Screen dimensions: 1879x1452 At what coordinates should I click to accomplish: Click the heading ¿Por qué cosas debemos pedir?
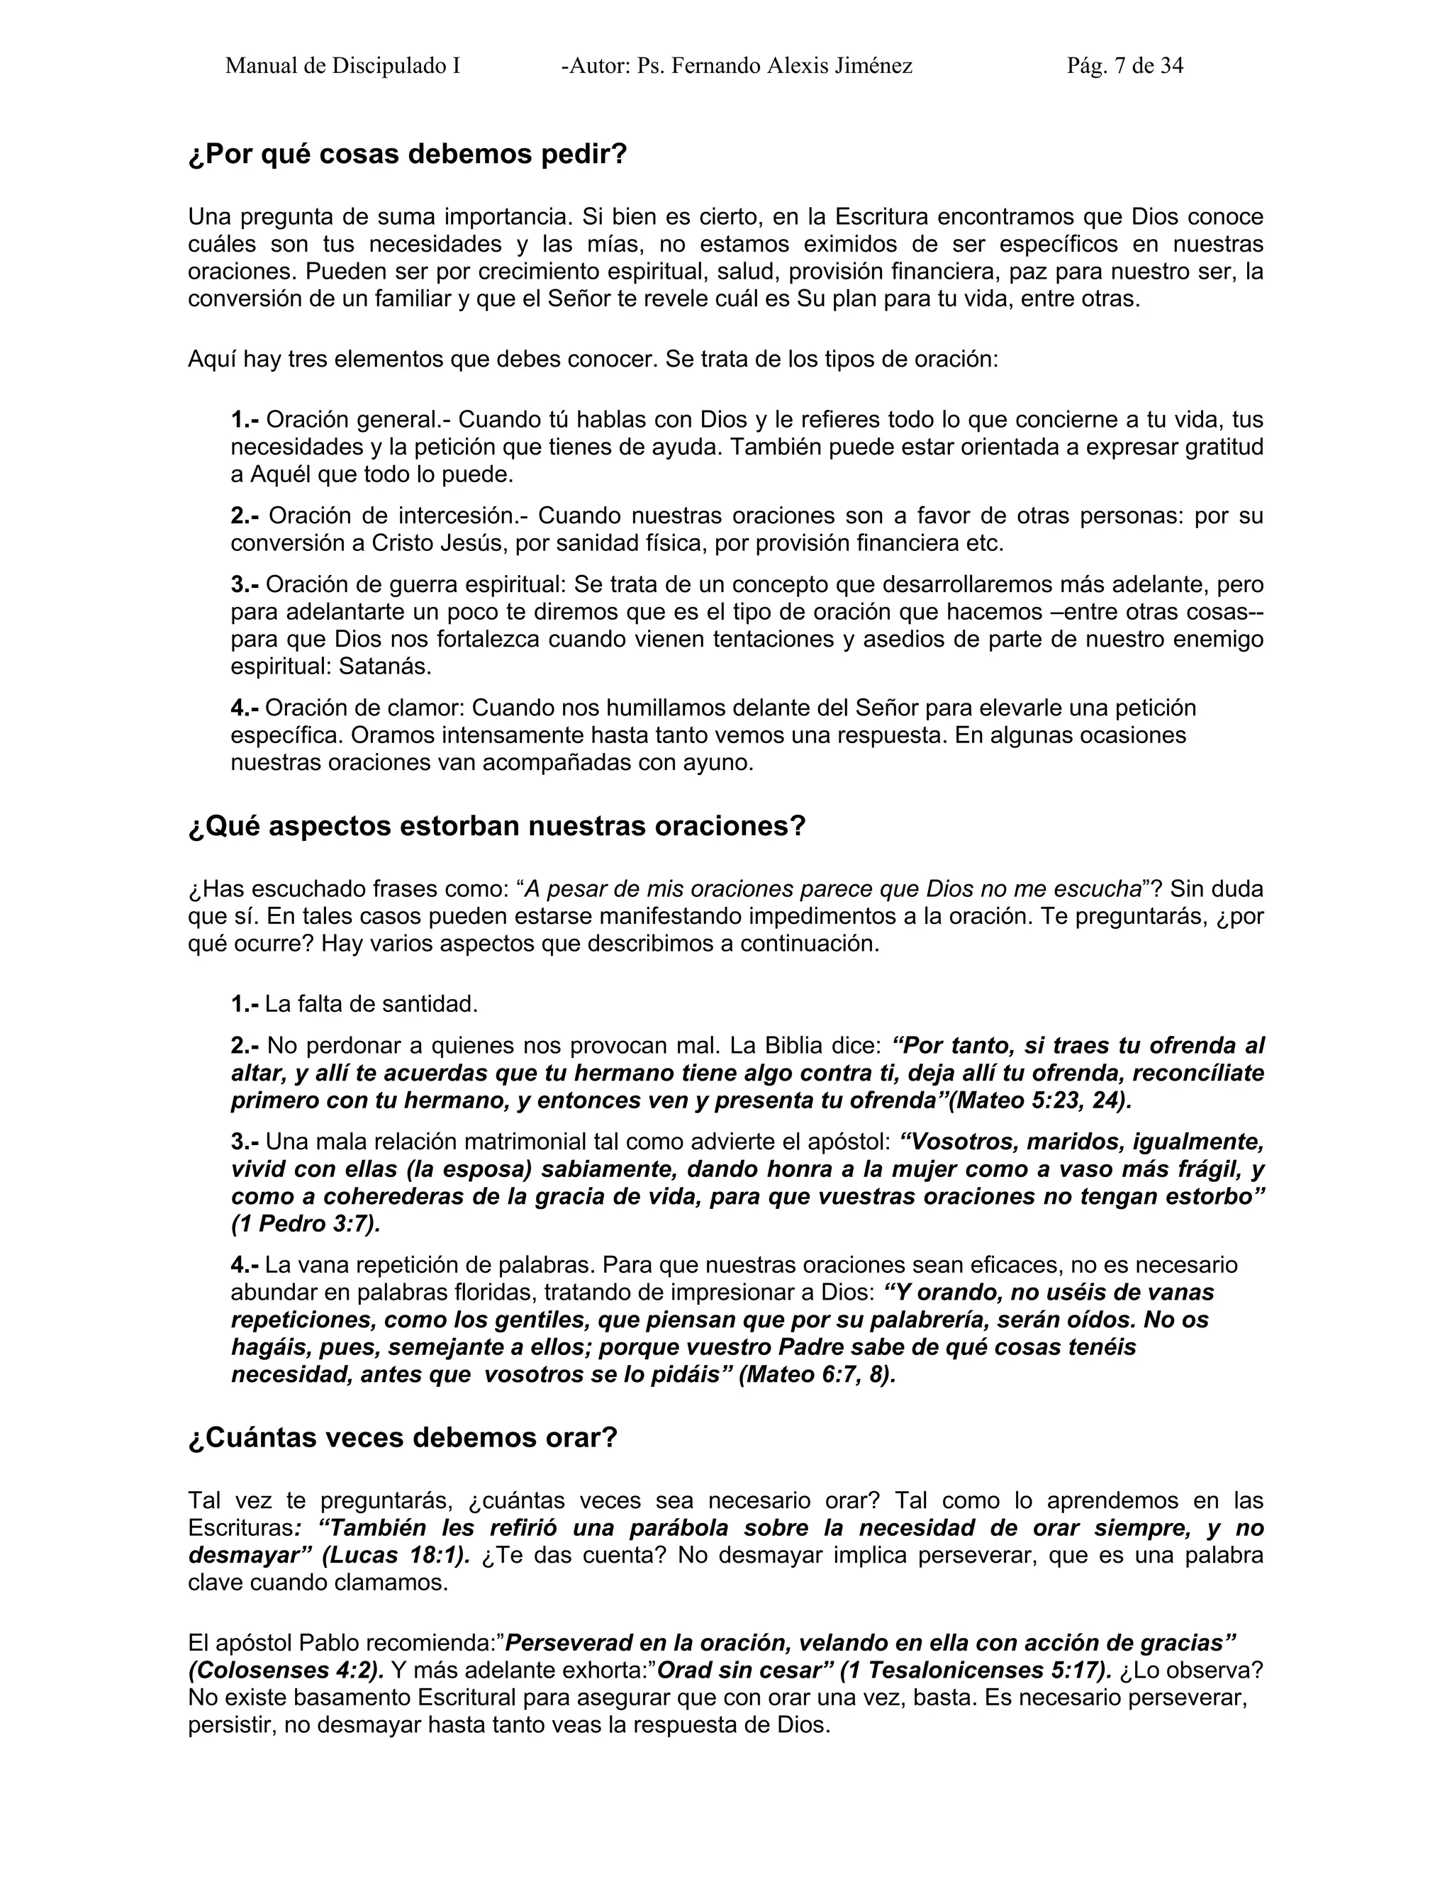click(408, 155)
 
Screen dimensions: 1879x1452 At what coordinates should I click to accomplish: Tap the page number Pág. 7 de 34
click(1124, 66)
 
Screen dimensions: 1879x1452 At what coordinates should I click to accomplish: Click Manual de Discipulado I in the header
click(342, 66)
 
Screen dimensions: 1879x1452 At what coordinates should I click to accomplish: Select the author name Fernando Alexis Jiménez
click(791, 66)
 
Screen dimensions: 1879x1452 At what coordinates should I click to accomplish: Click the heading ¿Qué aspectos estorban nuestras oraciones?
click(496, 827)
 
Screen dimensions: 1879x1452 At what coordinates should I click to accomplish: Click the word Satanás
click(384, 667)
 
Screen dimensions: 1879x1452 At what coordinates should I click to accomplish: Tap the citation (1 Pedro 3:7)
click(306, 1225)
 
